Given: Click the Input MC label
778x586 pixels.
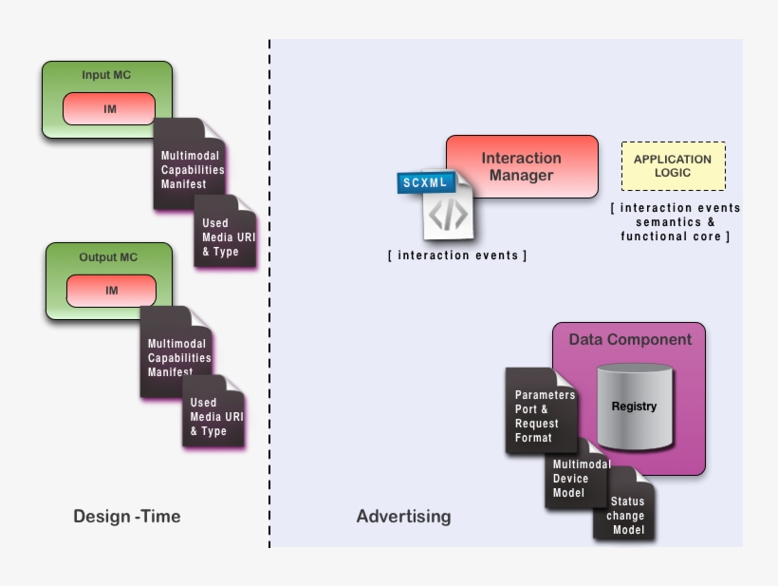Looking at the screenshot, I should click(106, 75).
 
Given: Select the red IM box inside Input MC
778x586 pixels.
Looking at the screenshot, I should click(109, 109).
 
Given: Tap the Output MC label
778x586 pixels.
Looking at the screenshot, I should click(109, 257).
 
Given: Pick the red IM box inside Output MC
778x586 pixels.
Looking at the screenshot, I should click(111, 291).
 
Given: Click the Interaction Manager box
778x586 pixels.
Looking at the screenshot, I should click(522, 166).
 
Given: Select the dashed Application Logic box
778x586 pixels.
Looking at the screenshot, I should click(673, 166).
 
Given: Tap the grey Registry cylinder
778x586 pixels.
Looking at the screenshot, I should click(634, 406).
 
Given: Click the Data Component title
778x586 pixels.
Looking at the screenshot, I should click(630, 339).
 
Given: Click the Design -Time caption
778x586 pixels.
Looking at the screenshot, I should click(127, 517).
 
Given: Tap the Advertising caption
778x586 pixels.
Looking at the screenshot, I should click(403, 517).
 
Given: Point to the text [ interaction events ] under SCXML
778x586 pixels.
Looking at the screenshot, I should click(457, 255).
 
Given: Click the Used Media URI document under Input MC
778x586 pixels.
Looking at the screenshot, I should click(226, 236).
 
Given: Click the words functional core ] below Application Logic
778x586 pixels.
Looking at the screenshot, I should click(675, 236).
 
